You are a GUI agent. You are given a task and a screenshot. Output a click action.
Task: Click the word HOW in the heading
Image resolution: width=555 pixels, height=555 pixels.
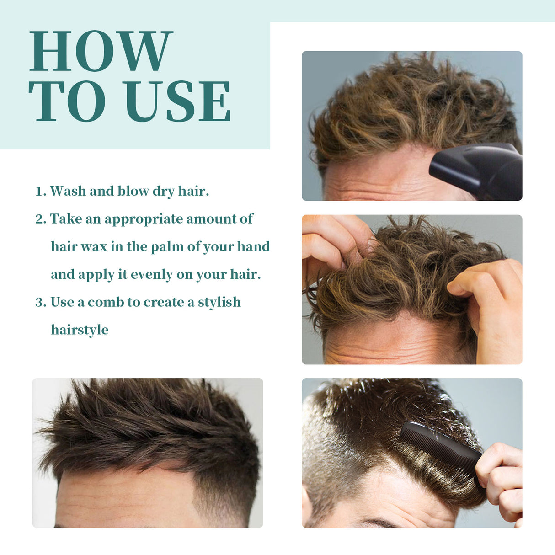[101, 51]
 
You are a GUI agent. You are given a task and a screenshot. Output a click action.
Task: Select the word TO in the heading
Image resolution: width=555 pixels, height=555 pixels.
[67, 101]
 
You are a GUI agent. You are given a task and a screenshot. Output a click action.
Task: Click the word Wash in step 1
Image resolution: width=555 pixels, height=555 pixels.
[68, 191]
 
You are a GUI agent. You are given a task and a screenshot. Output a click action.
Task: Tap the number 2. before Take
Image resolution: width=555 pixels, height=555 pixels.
[41, 219]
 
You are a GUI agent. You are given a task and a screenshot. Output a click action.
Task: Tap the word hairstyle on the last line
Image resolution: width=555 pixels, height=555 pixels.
[80, 330]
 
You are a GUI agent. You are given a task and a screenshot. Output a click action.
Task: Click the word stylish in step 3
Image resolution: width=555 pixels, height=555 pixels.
[219, 302]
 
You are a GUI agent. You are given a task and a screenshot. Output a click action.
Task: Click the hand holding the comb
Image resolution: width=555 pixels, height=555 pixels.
[501, 480]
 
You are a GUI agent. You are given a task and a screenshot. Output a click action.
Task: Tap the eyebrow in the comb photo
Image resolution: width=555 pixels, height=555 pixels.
[379, 522]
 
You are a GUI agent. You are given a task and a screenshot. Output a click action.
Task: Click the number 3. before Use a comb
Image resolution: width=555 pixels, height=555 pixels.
[41, 302]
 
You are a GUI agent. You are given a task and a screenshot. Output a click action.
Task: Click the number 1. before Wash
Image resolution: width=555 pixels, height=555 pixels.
[41, 191]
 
